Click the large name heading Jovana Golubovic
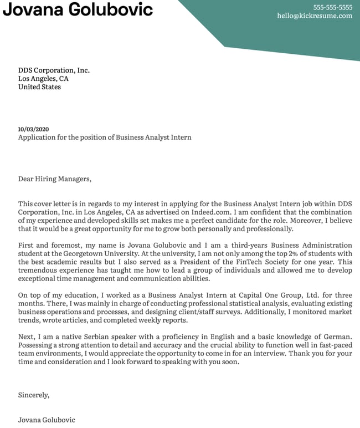tap(78, 9)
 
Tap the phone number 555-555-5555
tap(332, 7)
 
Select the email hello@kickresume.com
tap(315, 16)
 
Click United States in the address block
tap(39, 87)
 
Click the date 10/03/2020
tap(33, 129)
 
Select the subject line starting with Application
tap(105, 137)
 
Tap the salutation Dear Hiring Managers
tap(54, 179)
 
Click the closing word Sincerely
tap(34, 395)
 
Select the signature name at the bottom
tap(47, 420)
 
